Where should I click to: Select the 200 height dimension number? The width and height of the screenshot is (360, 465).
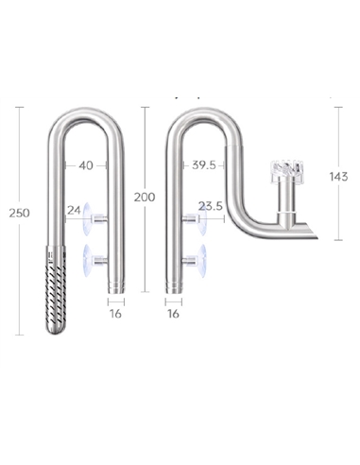[145, 197]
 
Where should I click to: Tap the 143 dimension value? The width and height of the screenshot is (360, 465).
[338, 176]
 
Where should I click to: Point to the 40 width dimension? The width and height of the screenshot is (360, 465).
[86, 165]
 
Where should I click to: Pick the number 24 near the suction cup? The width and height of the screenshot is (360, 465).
[75, 209]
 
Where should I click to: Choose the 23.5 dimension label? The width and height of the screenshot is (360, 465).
[211, 206]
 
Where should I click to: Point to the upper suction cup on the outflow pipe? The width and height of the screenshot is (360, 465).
[195, 220]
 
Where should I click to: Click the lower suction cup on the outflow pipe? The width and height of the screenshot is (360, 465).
[195, 255]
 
